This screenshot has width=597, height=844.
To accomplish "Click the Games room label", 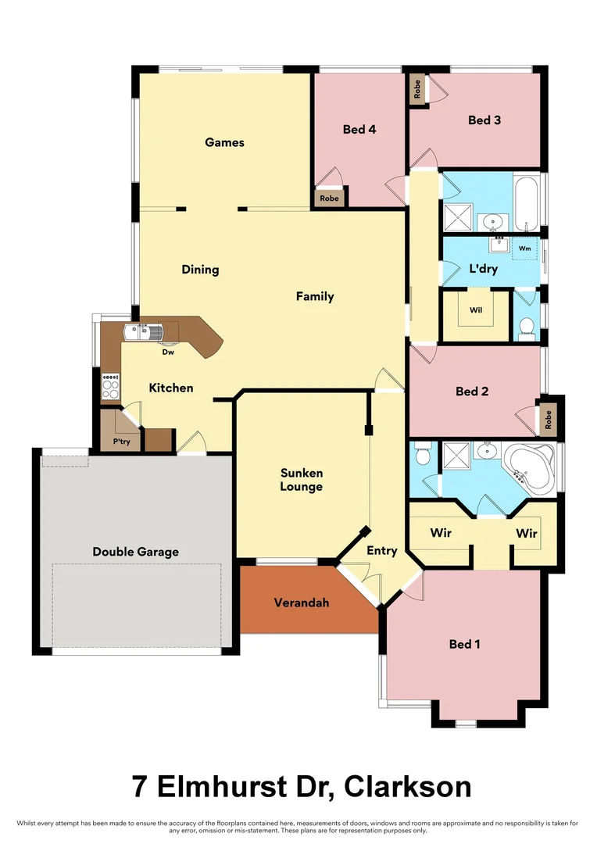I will point(224,142).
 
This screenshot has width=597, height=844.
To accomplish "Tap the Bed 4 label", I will point(359,129).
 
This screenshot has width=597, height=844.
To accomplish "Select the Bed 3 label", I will point(484,120).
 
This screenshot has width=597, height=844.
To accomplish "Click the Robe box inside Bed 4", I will point(329,198).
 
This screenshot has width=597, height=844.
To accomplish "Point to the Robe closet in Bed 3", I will point(417,89).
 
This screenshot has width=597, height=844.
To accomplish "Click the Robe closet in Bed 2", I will point(548,420).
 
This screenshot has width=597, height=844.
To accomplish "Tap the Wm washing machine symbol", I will point(525,249).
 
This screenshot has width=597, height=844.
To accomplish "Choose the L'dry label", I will point(483,269).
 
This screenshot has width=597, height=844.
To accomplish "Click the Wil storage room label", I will point(476,310).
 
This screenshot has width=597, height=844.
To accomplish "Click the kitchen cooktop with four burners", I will point(111,386).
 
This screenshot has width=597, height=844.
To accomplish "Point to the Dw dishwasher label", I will point(167,352).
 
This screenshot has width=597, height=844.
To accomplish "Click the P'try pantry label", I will point(120,442).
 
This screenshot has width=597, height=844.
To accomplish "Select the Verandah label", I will point(302,603).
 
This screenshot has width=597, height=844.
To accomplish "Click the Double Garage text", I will point(135,552).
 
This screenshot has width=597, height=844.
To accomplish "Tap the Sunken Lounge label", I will point(302,480).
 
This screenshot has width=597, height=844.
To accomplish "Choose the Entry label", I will point(382,551).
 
